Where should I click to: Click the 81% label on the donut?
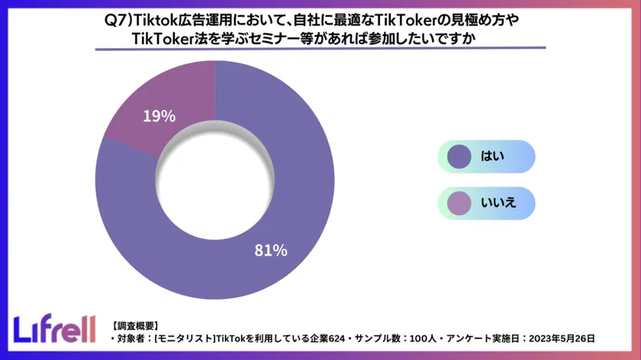pyautogui.click(x=270, y=249)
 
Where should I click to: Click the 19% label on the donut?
pyautogui.click(x=159, y=117)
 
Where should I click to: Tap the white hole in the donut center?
pyautogui.click(x=214, y=179)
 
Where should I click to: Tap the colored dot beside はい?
pyautogui.click(x=459, y=156)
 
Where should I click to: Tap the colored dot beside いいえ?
pyautogui.click(x=459, y=202)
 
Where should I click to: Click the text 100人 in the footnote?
pyautogui.click(x=427, y=338)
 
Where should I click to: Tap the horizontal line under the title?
pyautogui.click(x=320, y=50)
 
